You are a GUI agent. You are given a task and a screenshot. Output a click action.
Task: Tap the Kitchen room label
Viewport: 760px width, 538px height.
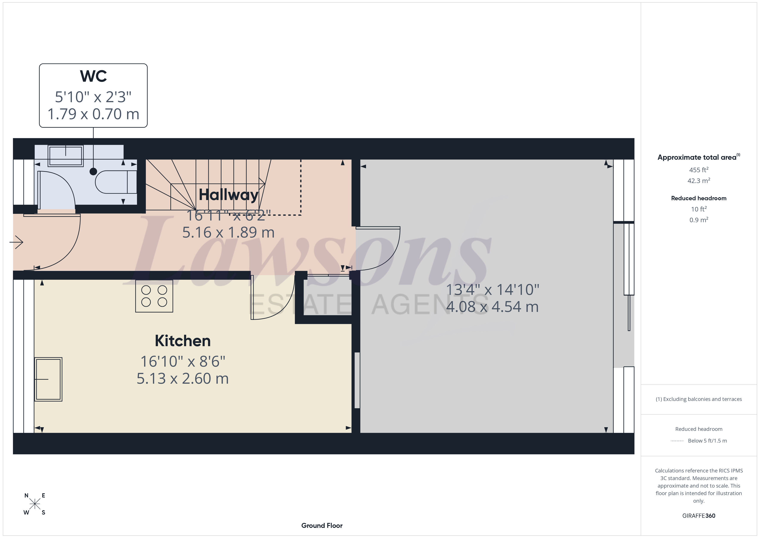point(182,341)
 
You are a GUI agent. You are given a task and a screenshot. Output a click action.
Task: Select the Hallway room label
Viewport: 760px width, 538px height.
point(228,195)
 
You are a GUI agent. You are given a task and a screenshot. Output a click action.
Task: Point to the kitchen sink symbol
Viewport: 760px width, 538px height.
point(48,379)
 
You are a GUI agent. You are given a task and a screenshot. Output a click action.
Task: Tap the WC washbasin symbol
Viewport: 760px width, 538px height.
point(65,156)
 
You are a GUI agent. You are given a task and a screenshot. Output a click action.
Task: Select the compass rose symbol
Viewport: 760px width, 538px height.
point(34,504)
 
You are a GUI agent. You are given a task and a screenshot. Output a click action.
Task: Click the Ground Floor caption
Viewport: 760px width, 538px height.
point(322,525)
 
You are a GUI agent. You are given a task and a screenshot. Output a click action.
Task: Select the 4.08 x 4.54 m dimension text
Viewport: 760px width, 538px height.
point(492,307)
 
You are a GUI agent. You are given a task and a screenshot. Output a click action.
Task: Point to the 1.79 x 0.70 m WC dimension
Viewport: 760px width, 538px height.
point(93,114)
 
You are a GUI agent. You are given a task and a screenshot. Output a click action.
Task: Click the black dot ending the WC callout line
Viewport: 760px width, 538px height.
point(93,172)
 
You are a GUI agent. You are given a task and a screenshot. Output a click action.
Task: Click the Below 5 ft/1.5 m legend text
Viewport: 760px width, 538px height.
point(707,441)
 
